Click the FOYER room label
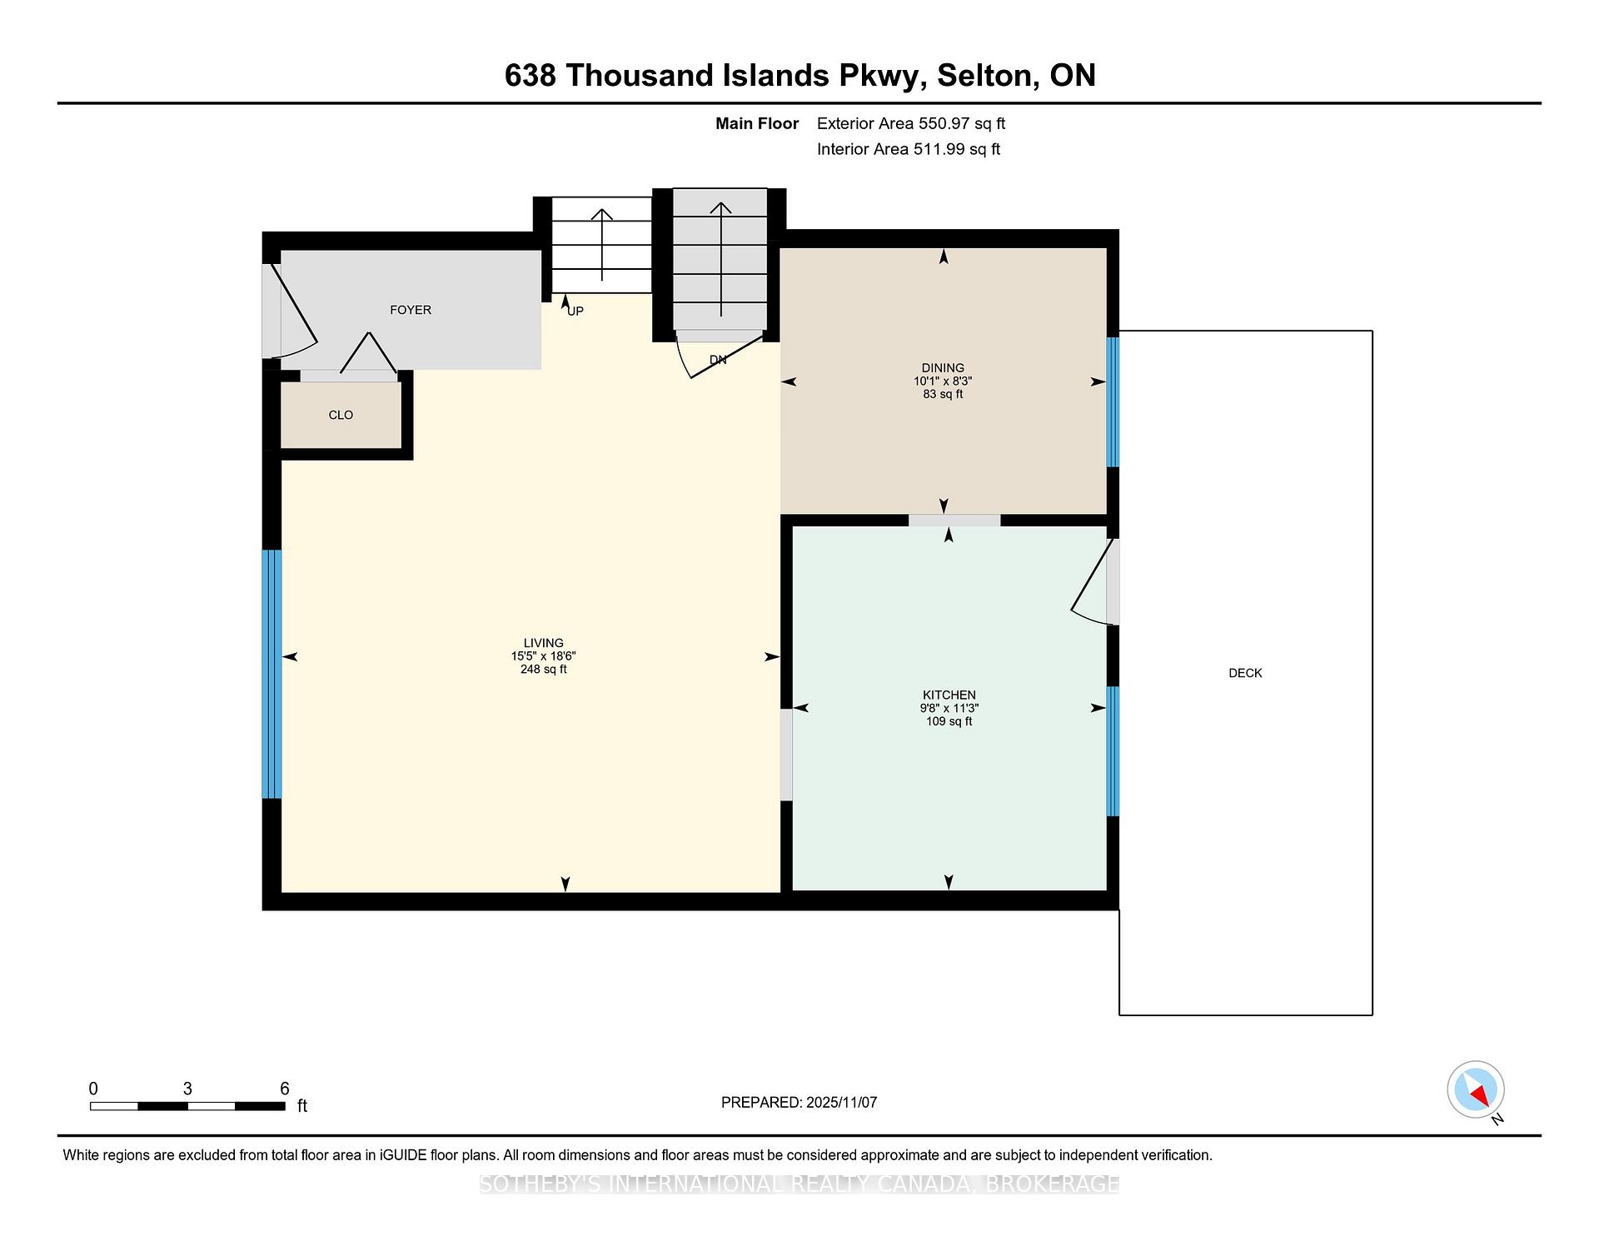[411, 310]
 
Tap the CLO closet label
[341, 415]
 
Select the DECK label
[1245, 673]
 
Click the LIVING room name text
[543, 643]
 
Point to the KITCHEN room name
[949, 695]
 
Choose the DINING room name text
[943, 367]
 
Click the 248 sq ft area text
[543, 669]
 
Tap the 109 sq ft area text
[949, 721]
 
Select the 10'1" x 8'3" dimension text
[943, 381]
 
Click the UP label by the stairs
[575, 311]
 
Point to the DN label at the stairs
[718, 360]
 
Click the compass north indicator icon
[1476, 1089]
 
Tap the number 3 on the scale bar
[188, 1089]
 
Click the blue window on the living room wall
[272, 674]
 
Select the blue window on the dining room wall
[1113, 401]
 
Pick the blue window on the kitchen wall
[1113, 751]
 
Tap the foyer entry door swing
[289, 311]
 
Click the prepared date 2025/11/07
[841, 1103]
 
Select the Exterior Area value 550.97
[944, 123]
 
